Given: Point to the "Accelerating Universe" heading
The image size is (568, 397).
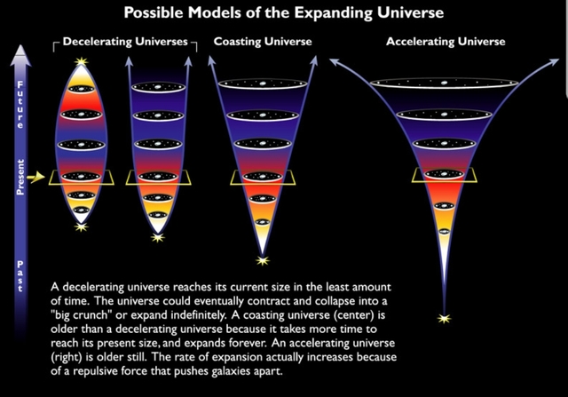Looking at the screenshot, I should pyautogui.click(x=446, y=42).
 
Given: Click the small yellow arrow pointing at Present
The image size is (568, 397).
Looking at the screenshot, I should pyautogui.click(x=36, y=178).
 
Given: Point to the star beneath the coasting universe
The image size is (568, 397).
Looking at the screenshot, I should pyautogui.click(x=261, y=261).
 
